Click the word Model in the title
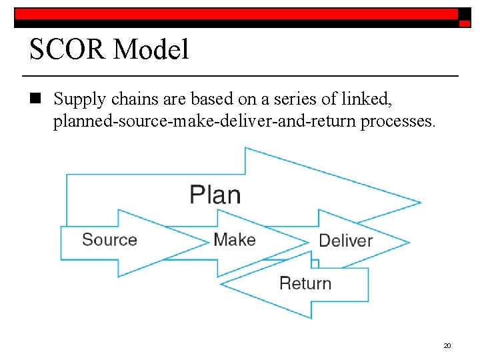(x=151, y=49)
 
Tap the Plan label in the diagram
(x=215, y=195)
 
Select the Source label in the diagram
(x=109, y=239)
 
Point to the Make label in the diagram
(x=235, y=239)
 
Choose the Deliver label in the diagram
(x=345, y=241)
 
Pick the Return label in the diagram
(x=305, y=283)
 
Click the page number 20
(x=447, y=345)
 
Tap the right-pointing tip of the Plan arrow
(x=420, y=202)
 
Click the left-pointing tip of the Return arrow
(x=222, y=285)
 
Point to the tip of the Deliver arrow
(x=408, y=241)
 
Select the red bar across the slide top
(x=237, y=14)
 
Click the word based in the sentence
(x=209, y=99)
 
